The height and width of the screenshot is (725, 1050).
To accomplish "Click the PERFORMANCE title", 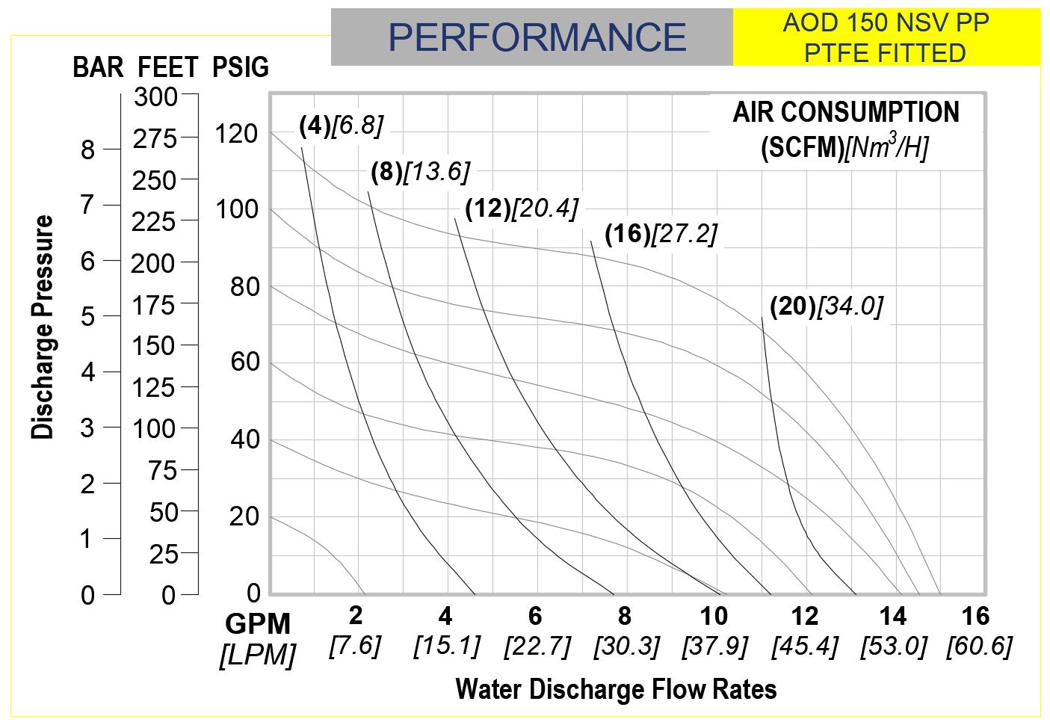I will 537,37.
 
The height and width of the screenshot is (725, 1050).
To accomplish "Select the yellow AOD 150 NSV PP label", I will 886,37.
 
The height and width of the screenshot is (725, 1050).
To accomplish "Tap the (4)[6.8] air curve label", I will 341,126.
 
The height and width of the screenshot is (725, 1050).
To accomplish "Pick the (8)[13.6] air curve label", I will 420,172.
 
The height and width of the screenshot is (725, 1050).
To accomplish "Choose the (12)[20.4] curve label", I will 521,209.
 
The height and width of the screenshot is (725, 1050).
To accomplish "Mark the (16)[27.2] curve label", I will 661,234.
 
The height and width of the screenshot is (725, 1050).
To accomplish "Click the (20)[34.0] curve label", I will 826,306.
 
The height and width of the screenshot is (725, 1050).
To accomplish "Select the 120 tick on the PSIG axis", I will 236,135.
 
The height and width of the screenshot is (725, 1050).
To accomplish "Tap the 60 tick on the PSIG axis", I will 244,362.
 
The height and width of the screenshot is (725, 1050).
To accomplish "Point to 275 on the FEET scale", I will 155,138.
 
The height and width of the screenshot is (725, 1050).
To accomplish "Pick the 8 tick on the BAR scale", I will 88,150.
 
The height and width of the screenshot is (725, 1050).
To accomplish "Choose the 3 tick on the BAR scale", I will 88,428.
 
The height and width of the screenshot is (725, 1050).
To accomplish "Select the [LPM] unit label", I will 257,655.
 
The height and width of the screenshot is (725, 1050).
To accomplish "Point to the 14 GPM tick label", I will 892,617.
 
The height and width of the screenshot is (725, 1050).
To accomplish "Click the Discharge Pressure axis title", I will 43,327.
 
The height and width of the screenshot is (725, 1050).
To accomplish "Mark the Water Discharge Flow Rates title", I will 616,688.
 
